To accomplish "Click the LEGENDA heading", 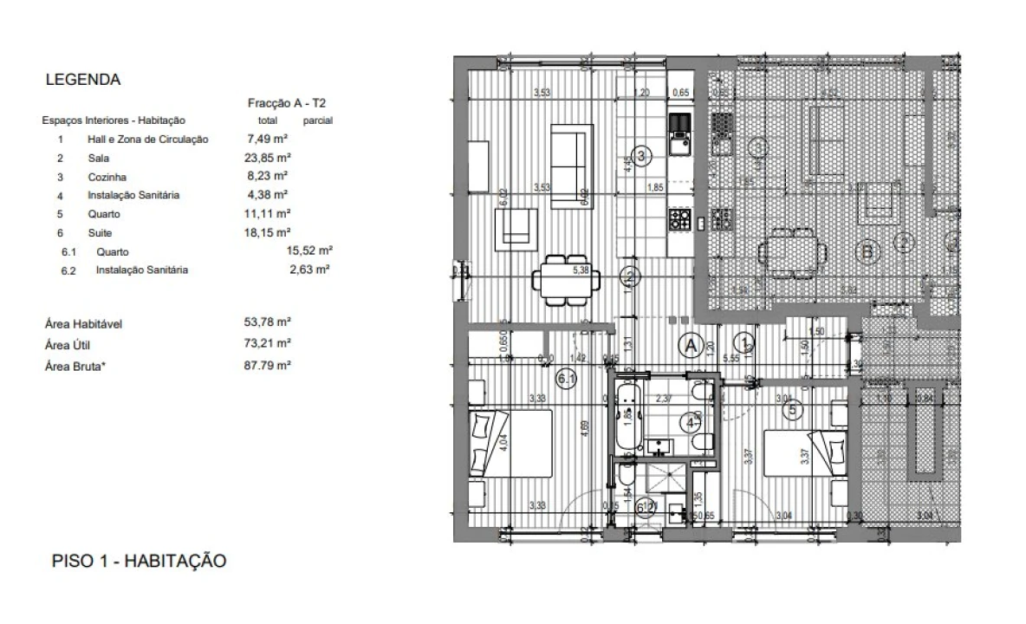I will point(82,80).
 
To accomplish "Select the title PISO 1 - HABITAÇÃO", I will point(140,561).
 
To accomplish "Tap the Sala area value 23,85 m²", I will point(267,159).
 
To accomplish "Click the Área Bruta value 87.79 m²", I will point(267,366).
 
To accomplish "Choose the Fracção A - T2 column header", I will point(287,103).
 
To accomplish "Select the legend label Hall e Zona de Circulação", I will point(147,140).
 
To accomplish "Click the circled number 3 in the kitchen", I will point(641,156).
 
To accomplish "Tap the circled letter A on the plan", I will point(691,345).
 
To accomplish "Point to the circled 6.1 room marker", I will point(568,378).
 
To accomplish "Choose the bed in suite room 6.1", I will point(510,443).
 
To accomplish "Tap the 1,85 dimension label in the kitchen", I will point(656,187).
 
